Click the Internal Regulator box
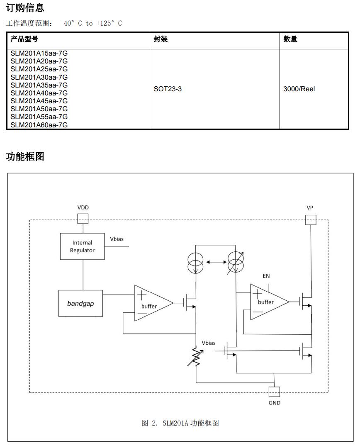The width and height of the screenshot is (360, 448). (x=83, y=246)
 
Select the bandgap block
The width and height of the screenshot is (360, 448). (x=80, y=303)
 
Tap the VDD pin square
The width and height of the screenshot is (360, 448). (x=83, y=218)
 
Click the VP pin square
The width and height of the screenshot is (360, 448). (x=310, y=219)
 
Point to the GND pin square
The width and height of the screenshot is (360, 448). (x=274, y=392)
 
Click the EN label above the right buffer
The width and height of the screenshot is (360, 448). (x=266, y=276)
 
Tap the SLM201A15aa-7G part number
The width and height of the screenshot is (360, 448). (x=39, y=53)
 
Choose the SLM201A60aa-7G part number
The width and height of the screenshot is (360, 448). (x=39, y=125)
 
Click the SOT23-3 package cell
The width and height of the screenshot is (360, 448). (x=168, y=89)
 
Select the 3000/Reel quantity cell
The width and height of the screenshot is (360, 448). (x=299, y=89)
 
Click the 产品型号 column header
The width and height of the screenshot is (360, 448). (x=24, y=39)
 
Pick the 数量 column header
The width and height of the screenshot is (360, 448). (x=290, y=39)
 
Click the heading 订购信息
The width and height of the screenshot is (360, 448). (x=25, y=7)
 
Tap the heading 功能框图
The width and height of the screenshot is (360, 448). (x=25, y=157)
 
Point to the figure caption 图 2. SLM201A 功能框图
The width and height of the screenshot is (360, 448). (x=180, y=423)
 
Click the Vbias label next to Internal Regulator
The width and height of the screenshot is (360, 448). (x=117, y=239)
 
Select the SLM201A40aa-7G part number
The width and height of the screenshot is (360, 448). (x=39, y=93)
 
